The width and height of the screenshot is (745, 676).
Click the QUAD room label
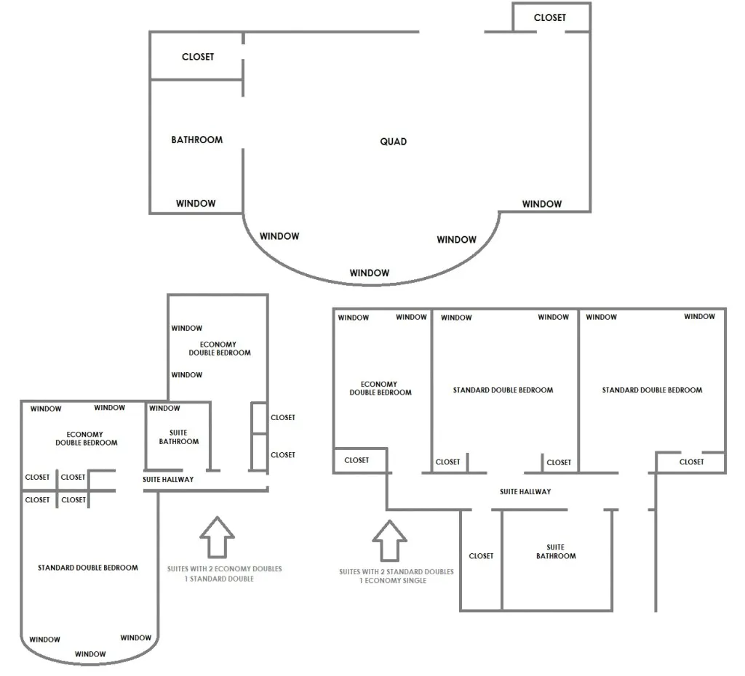point(394,142)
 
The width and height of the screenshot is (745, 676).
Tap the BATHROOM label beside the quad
point(196,140)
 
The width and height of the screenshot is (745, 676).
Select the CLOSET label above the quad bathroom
point(198,57)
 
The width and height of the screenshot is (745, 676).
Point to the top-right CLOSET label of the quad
point(550,17)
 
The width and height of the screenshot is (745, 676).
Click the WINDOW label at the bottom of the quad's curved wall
point(369,273)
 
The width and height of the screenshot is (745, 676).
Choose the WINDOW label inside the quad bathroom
point(196,204)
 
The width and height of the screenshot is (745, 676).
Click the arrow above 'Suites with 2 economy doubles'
point(217,537)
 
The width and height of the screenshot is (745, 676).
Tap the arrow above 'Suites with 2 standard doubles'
point(390,541)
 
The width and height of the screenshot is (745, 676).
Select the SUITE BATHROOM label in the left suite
point(179,437)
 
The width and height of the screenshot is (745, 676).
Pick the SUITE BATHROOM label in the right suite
point(556,552)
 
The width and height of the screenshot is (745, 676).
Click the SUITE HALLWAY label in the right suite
point(525,492)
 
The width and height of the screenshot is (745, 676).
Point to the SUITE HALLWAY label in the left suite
point(168,480)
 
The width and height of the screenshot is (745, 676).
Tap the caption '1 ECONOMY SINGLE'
point(393,581)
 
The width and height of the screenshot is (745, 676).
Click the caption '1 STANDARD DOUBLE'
point(219,579)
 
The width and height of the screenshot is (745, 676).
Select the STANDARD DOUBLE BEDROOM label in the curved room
point(88,568)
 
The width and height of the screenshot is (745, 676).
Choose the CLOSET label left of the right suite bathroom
point(481,556)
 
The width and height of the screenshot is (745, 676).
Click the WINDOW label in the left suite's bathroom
point(164,409)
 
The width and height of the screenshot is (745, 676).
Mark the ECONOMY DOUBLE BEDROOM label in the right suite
point(380,388)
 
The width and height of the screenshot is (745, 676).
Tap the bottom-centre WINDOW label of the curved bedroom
point(90,654)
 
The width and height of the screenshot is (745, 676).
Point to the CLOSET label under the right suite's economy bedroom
point(356,460)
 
